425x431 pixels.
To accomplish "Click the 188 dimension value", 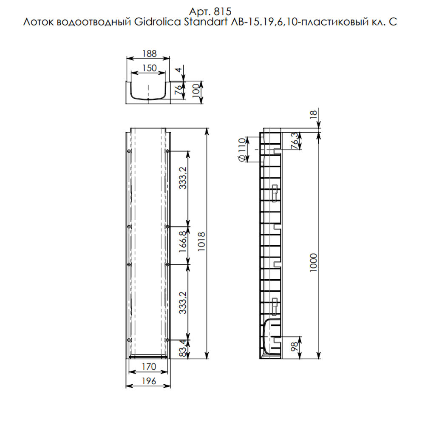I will click(x=150, y=54).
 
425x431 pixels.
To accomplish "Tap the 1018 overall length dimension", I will click(x=201, y=242).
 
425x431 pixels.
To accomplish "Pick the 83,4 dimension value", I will click(x=183, y=349).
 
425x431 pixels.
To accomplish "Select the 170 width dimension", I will click(x=149, y=366).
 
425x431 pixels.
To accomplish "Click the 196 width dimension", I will click(x=149, y=381).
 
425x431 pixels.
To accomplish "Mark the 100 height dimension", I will click(x=195, y=91).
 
